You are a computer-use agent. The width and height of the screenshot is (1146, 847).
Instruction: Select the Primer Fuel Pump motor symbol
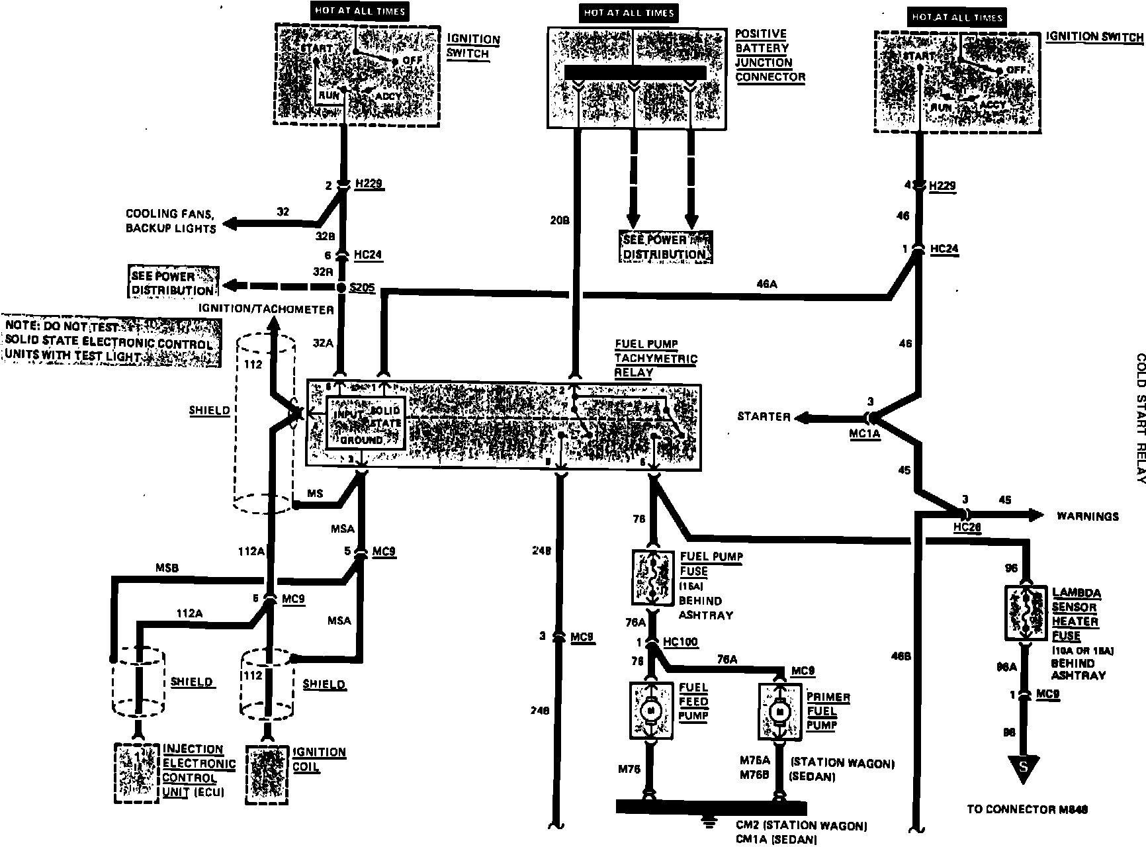[x=779, y=711]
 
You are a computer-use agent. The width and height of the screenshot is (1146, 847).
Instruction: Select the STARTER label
[x=764, y=416]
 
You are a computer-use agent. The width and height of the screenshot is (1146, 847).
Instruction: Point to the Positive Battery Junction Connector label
[x=770, y=55]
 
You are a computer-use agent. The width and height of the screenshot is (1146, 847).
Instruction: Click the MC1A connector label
[x=865, y=435]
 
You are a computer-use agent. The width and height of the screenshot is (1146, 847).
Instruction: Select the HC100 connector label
[x=680, y=643]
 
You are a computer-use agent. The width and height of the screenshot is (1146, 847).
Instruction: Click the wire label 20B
[x=560, y=220]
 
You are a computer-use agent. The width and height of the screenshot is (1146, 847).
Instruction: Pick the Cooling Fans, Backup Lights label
[x=171, y=221]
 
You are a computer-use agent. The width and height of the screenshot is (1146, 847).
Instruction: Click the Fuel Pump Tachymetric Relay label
[x=655, y=358]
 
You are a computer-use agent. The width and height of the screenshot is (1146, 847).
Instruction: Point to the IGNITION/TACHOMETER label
[x=267, y=309]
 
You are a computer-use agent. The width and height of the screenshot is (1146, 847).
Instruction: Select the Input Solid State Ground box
[x=366, y=425]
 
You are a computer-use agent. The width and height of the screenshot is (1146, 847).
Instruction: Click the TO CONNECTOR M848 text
[x=1028, y=809]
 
